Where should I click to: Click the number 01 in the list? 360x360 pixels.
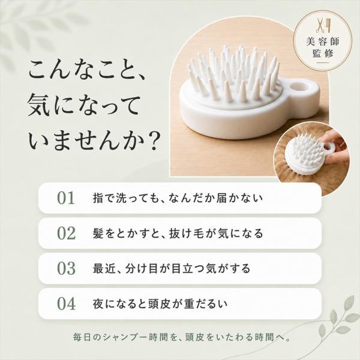(x=66, y=198)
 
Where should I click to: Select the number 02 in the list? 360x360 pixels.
(x=66, y=233)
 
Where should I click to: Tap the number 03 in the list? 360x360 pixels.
(x=66, y=268)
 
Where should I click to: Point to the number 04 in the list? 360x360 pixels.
(x=66, y=304)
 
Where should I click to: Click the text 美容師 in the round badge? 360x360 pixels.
(x=323, y=41)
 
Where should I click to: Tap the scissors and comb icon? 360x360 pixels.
(x=323, y=26)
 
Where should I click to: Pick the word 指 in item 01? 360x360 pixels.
(x=98, y=198)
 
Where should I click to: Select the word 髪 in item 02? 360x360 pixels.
(x=98, y=233)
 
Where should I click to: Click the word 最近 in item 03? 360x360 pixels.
(x=104, y=268)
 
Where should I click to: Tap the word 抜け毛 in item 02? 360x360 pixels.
(x=185, y=233)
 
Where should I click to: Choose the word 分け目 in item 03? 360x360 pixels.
(x=141, y=268)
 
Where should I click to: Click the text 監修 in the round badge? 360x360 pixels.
(x=323, y=54)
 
